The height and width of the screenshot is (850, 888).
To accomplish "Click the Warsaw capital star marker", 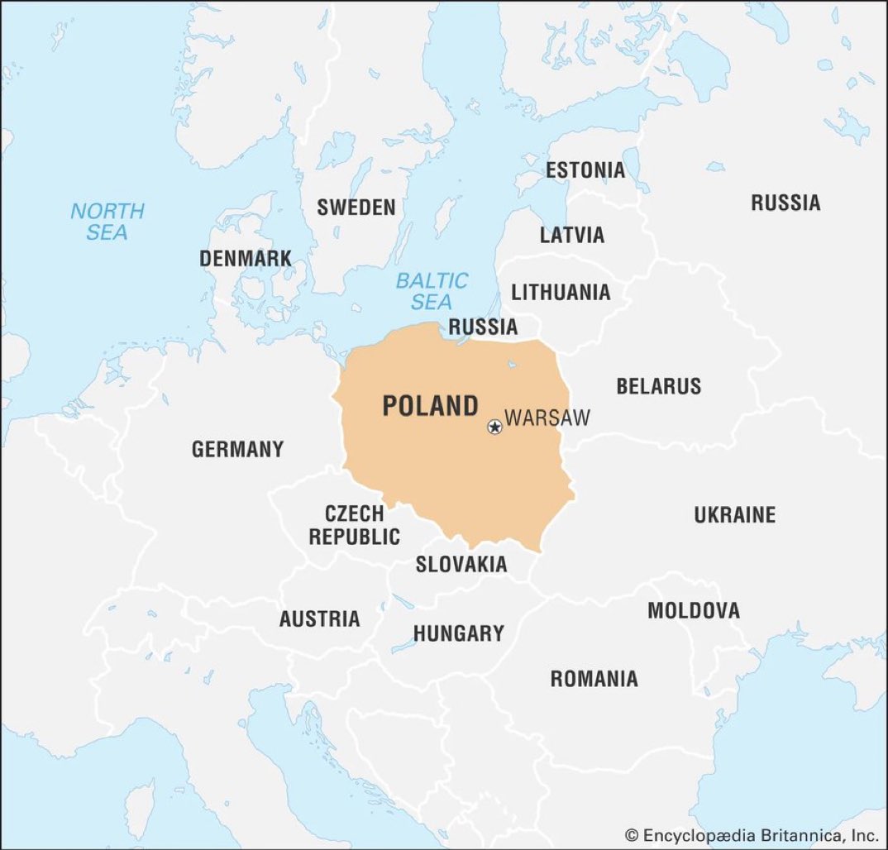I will [x=494, y=427].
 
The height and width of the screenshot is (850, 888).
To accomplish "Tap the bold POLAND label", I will [x=430, y=406].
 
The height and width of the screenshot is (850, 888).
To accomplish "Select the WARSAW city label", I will [x=547, y=418].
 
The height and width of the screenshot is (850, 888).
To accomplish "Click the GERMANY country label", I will [x=237, y=450].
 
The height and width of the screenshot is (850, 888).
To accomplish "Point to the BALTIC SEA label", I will [x=432, y=291].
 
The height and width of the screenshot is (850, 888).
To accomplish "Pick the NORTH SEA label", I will [x=107, y=222].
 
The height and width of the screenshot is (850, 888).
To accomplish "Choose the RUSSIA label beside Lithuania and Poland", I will [x=483, y=327].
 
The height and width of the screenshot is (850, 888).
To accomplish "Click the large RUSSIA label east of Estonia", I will [x=785, y=203].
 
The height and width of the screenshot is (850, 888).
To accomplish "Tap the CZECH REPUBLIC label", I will [x=354, y=525].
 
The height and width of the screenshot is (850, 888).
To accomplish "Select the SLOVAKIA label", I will [x=461, y=565].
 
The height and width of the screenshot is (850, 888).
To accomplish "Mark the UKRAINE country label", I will [x=734, y=515].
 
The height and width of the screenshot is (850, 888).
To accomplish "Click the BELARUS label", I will [x=658, y=386].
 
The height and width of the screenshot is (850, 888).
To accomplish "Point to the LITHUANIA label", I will [x=561, y=292].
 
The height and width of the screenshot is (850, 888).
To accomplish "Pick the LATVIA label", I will [x=572, y=235].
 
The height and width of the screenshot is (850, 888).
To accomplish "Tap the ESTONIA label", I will [x=585, y=171].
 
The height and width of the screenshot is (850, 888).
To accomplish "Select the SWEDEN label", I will [x=356, y=207].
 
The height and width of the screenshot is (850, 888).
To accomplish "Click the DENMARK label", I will [x=246, y=258].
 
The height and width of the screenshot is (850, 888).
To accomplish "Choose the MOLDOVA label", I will [x=693, y=611].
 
